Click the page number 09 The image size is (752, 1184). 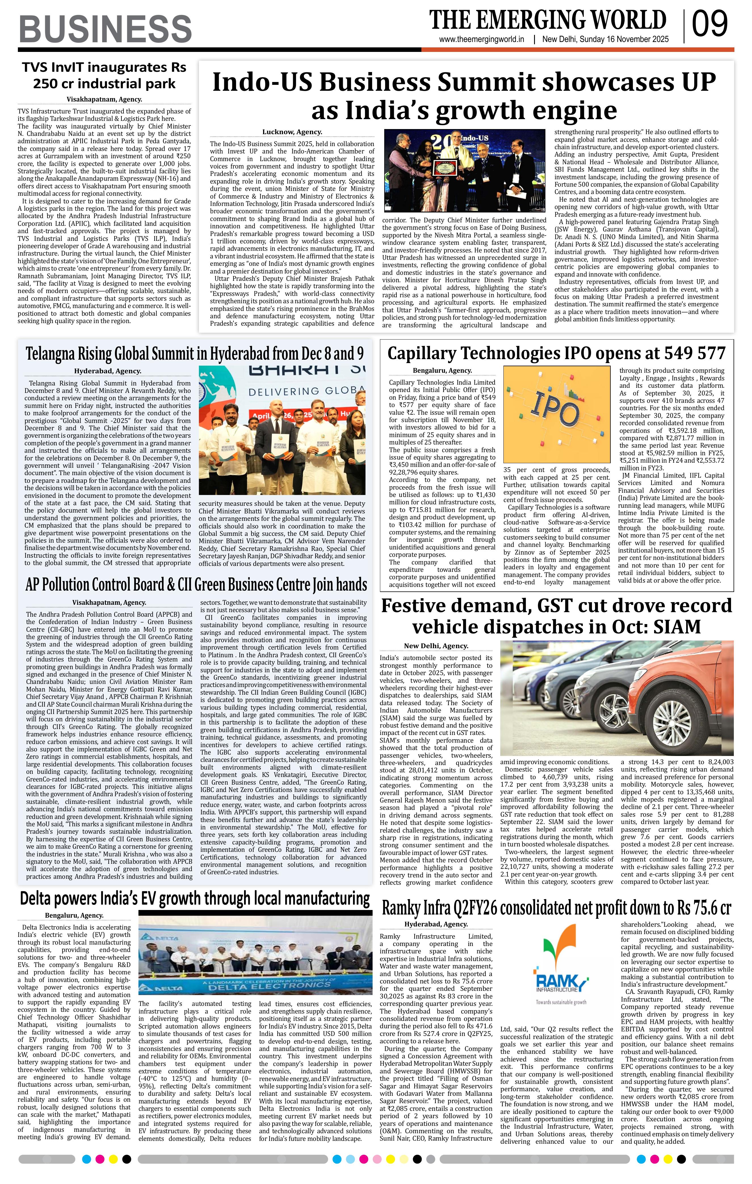tap(710, 24)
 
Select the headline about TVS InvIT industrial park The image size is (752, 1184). tap(104, 75)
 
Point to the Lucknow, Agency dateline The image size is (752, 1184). tap(292, 132)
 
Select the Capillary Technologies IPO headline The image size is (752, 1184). tap(556, 353)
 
